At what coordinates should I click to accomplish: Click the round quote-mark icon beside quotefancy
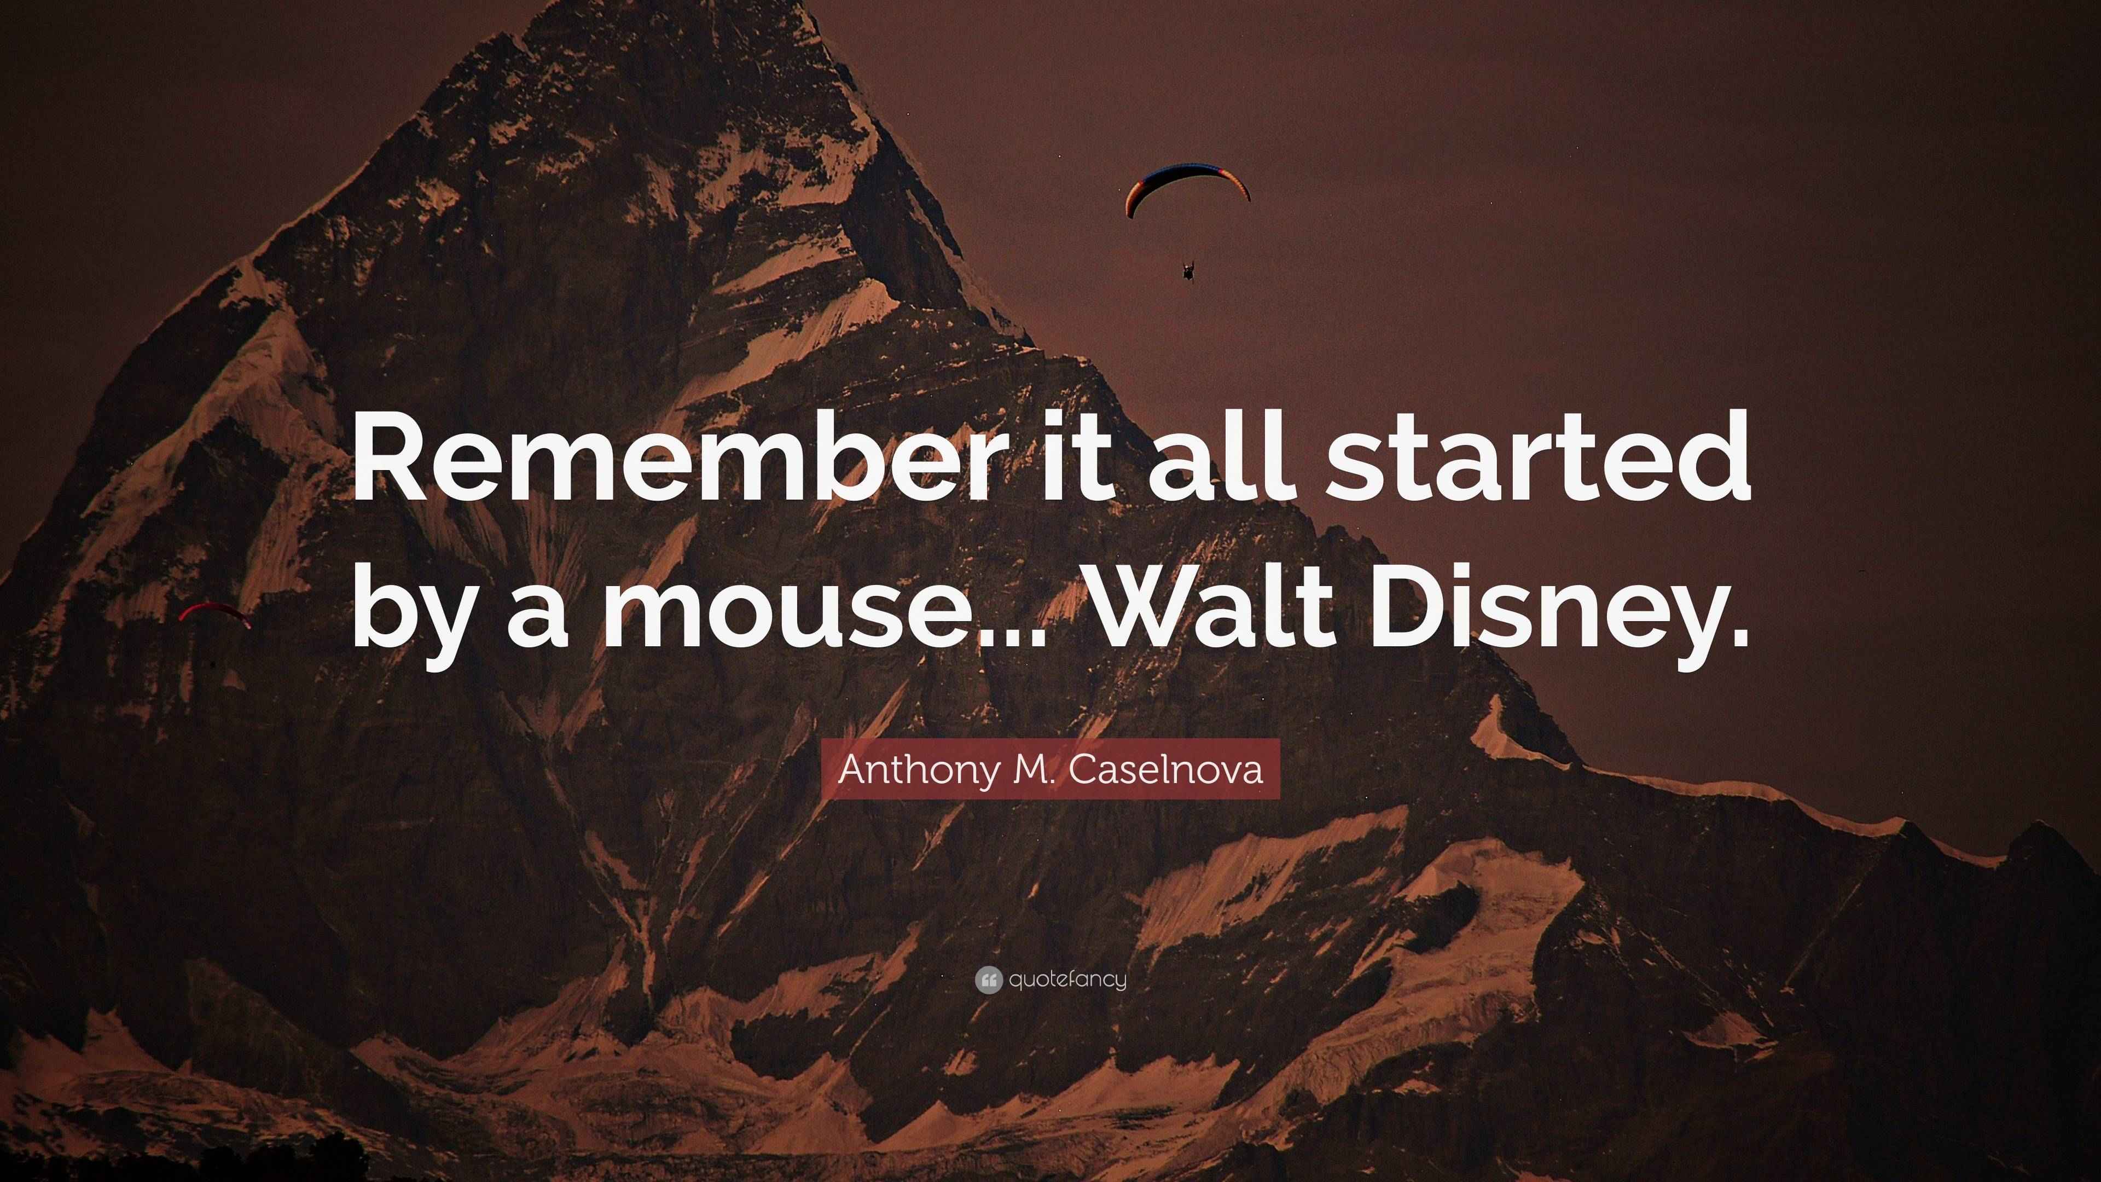988,980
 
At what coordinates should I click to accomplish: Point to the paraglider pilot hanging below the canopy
1188,270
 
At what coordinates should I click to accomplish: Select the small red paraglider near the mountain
214,612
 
